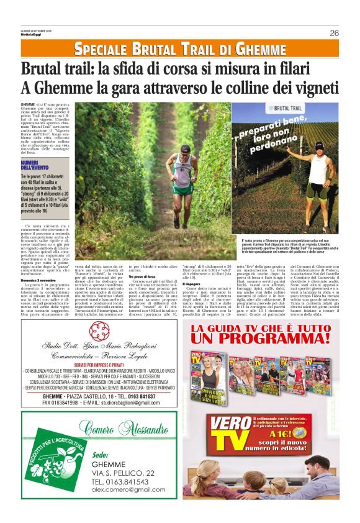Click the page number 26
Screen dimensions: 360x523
point(334,33)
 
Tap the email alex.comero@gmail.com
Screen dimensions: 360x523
point(129,490)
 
